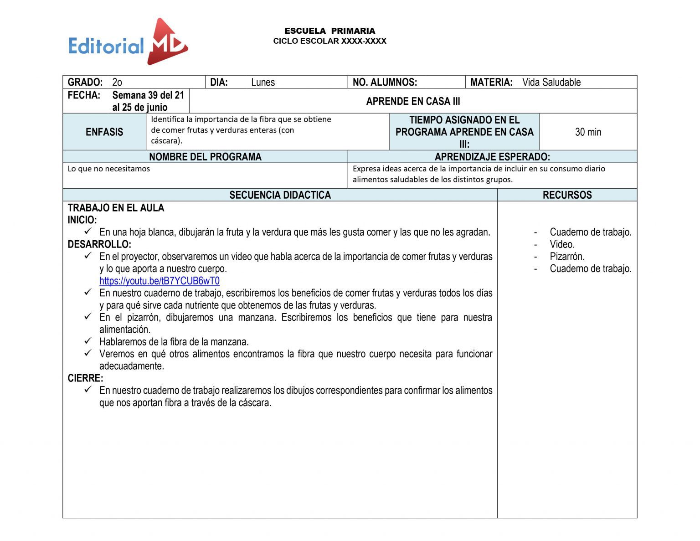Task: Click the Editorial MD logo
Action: click(128, 42)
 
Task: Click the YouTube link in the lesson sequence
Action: click(159, 281)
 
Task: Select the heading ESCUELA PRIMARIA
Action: click(329, 31)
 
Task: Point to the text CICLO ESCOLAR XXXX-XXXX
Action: click(329, 41)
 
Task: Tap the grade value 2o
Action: click(117, 82)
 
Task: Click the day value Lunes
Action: click(263, 82)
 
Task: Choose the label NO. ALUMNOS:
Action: click(385, 82)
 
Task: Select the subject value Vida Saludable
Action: click(551, 82)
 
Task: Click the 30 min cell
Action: click(588, 132)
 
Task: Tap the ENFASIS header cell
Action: click(104, 132)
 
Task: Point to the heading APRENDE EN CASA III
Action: click(413, 101)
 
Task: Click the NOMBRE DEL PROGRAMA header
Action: click(205, 157)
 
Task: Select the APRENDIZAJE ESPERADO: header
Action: click(492, 157)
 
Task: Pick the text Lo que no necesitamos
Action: click(108, 169)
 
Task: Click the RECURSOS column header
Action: click(567, 195)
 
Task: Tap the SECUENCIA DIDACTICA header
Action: click(280, 195)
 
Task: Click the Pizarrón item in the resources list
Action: click(567, 256)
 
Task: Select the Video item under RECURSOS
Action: click(562, 244)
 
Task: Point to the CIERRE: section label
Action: click(85, 378)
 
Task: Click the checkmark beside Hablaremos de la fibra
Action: click(88, 341)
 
